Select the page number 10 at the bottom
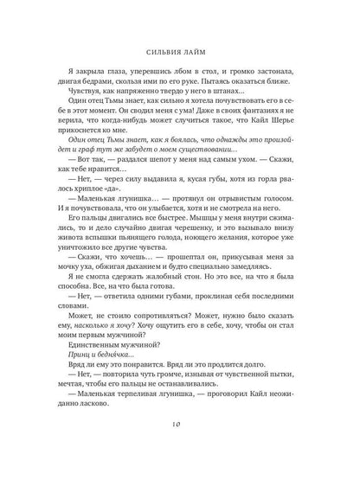pos(179,449)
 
